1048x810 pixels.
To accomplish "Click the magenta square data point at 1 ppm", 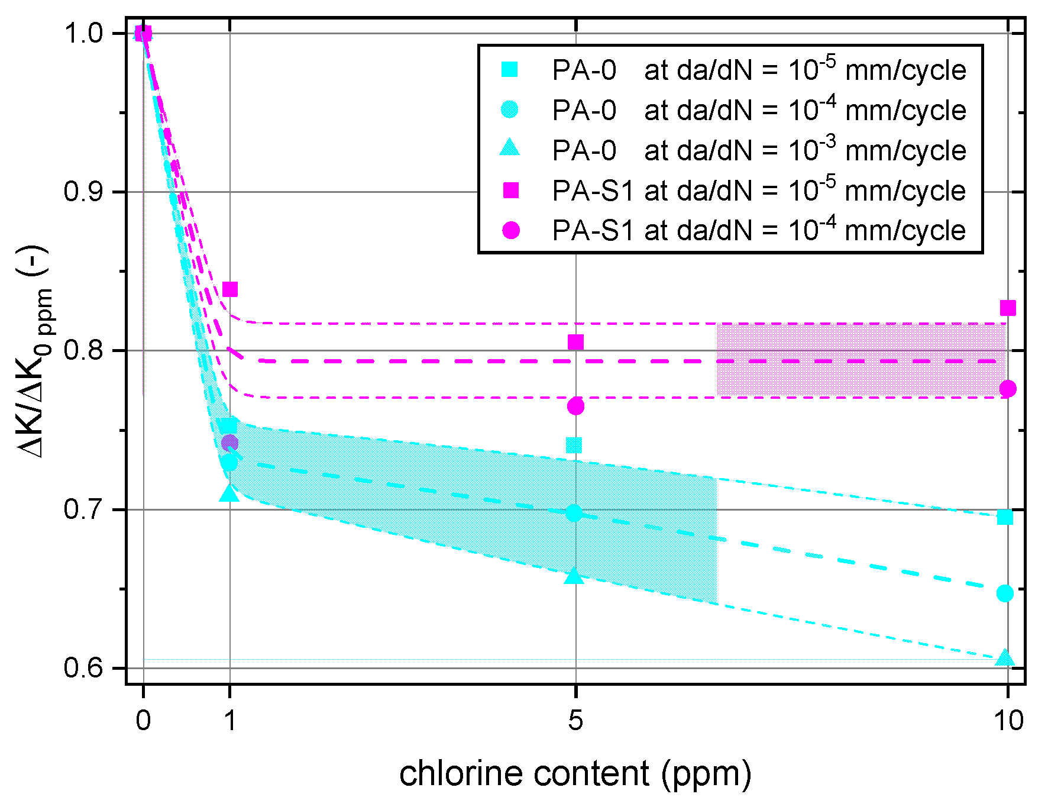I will click(x=229, y=289).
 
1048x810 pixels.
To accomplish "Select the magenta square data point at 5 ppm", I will click(x=575, y=342).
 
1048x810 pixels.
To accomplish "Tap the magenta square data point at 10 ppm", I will click(x=1008, y=308).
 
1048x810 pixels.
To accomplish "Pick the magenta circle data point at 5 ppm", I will click(x=575, y=406).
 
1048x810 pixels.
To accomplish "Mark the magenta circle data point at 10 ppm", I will click(x=1008, y=389).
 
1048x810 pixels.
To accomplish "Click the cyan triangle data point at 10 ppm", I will click(x=1004, y=659).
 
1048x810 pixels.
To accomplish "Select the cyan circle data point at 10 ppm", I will click(x=1005, y=593).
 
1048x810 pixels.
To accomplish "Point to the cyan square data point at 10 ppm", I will click(x=1005, y=518).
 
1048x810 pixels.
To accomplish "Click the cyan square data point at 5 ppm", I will click(x=574, y=445).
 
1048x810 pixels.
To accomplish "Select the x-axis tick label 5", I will click(x=575, y=721).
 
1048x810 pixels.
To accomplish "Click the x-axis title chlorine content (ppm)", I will click(x=575, y=774).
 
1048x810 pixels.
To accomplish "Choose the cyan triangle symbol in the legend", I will click(x=510, y=148).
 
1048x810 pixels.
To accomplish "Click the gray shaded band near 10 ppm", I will click(x=861, y=360).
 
